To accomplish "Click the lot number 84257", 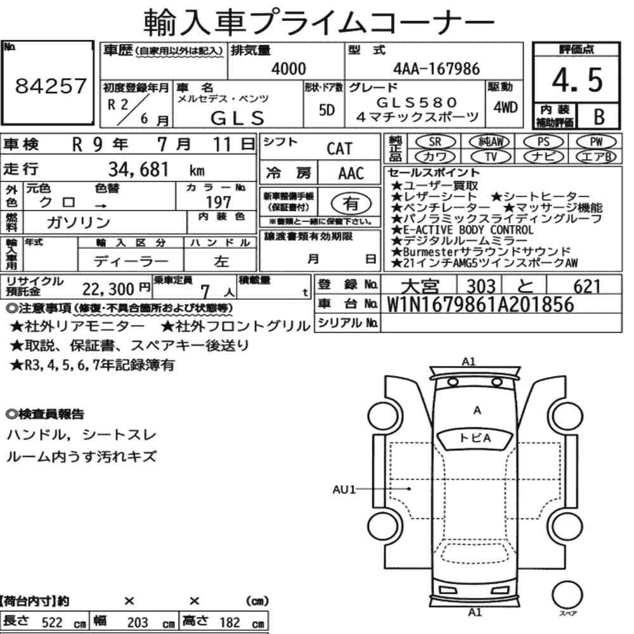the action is pos(51,86).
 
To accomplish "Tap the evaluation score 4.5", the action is pos(577,80).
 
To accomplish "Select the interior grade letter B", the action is pos(599,117).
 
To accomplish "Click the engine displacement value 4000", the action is pos(288,68).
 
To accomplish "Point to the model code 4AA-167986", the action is pos(436,68).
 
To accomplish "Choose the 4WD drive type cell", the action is pos(505,107).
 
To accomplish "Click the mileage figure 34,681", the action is pos(138,169).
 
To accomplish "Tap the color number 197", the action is pos(218,202).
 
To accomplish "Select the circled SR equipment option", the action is pos(435,141).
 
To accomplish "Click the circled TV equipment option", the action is pos(491,156).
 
